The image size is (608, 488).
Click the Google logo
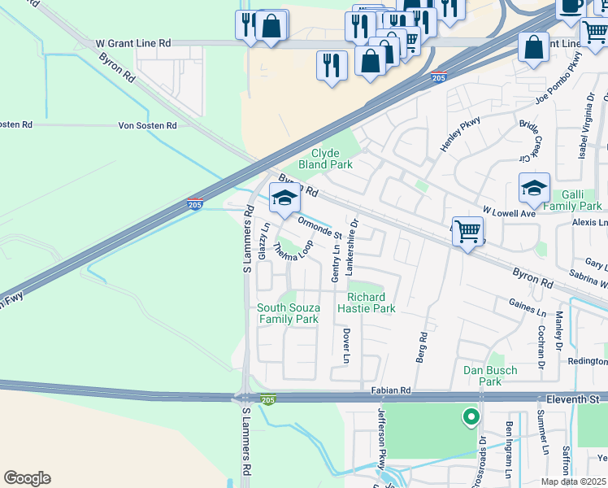click(27, 478)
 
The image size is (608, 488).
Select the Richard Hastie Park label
click(371, 303)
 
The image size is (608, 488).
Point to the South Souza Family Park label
click(288, 314)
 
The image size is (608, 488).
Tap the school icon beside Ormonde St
click(284, 198)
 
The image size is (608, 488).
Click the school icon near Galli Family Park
click(534, 189)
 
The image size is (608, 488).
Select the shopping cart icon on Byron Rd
click(468, 233)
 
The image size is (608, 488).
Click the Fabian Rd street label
click(393, 391)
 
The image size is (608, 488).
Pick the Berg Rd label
click(423, 347)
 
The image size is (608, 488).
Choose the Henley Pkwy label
click(460, 135)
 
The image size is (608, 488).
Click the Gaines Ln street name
click(528, 311)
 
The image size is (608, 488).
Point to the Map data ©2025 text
click(574, 481)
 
